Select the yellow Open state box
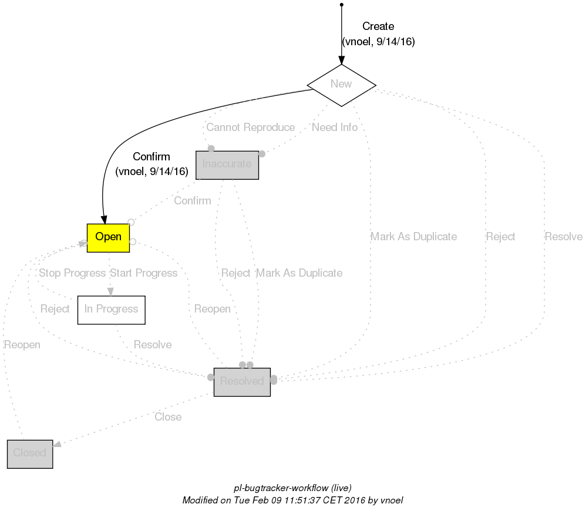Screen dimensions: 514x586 tap(108, 237)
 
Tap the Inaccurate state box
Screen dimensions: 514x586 tap(227, 164)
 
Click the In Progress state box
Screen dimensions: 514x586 tap(111, 310)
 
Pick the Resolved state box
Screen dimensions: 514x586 tap(242, 382)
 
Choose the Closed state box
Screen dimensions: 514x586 tap(30, 453)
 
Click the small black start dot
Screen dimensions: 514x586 tap(341, 5)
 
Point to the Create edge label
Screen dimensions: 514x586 tap(378, 26)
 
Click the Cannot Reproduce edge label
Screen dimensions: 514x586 tap(251, 127)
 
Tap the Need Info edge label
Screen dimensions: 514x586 tap(335, 127)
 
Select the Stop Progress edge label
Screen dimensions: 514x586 tap(72, 273)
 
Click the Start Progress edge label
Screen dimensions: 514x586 tap(143, 273)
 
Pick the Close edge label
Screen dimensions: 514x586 tap(168, 417)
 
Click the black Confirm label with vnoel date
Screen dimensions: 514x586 tap(151, 157)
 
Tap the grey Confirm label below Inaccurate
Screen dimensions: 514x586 tap(192, 201)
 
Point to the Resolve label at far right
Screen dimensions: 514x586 tap(564, 237)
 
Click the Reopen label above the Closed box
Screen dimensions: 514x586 tap(22, 345)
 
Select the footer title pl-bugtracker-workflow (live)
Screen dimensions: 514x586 tap(292, 488)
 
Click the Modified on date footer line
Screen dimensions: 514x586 tap(292, 500)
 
